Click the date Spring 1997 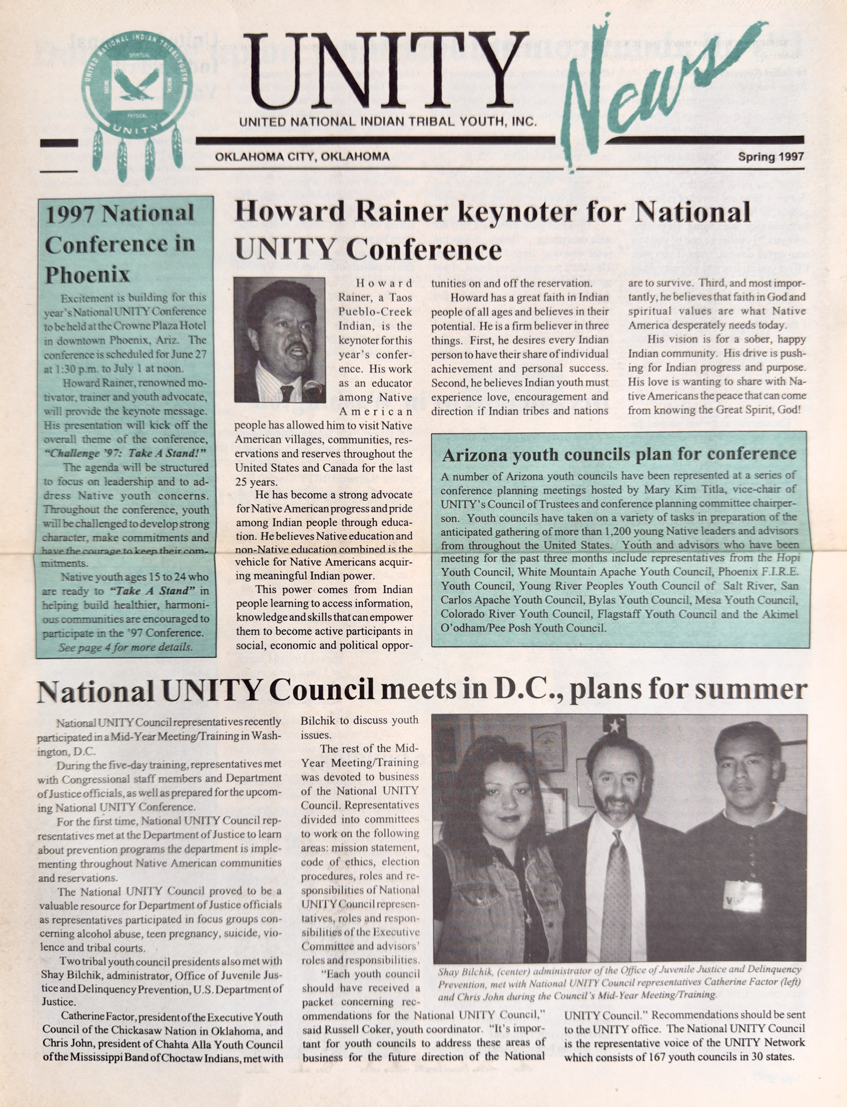point(771,157)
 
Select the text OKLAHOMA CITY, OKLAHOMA point(302,157)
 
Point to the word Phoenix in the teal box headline point(87,275)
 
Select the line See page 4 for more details point(125,646)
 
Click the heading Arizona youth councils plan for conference point(619,454)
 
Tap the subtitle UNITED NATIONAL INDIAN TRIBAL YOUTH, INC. point(388,123)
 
